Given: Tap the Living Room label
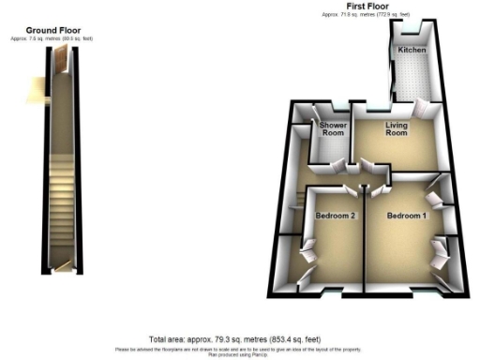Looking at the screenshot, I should pos(396,129).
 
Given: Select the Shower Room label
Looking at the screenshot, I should pos(334,129).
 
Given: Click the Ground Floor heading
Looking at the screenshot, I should pos(66,30).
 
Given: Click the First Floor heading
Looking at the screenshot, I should pos(368,7).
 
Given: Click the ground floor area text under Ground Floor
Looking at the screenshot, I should pos(66,38).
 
